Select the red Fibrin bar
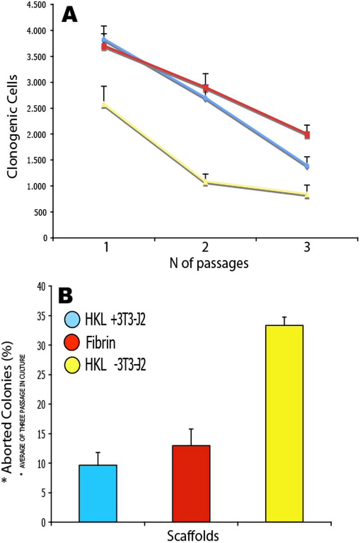pyautogui.click(x=191, y=484)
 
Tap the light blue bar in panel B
pyautogui.click(x=98, y=493)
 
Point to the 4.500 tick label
pyautogui.click(x=37, y=4)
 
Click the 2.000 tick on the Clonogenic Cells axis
pyautogui.click(x=37, y=134)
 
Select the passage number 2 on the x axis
pyautogui.click(x=205, y=248)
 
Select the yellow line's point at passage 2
pyautogui.click(x=206, y=182)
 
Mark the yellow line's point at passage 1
pyautogui.click(x=104, y=105)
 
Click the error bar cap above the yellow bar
pyautogui.click(x=284, y=317)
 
